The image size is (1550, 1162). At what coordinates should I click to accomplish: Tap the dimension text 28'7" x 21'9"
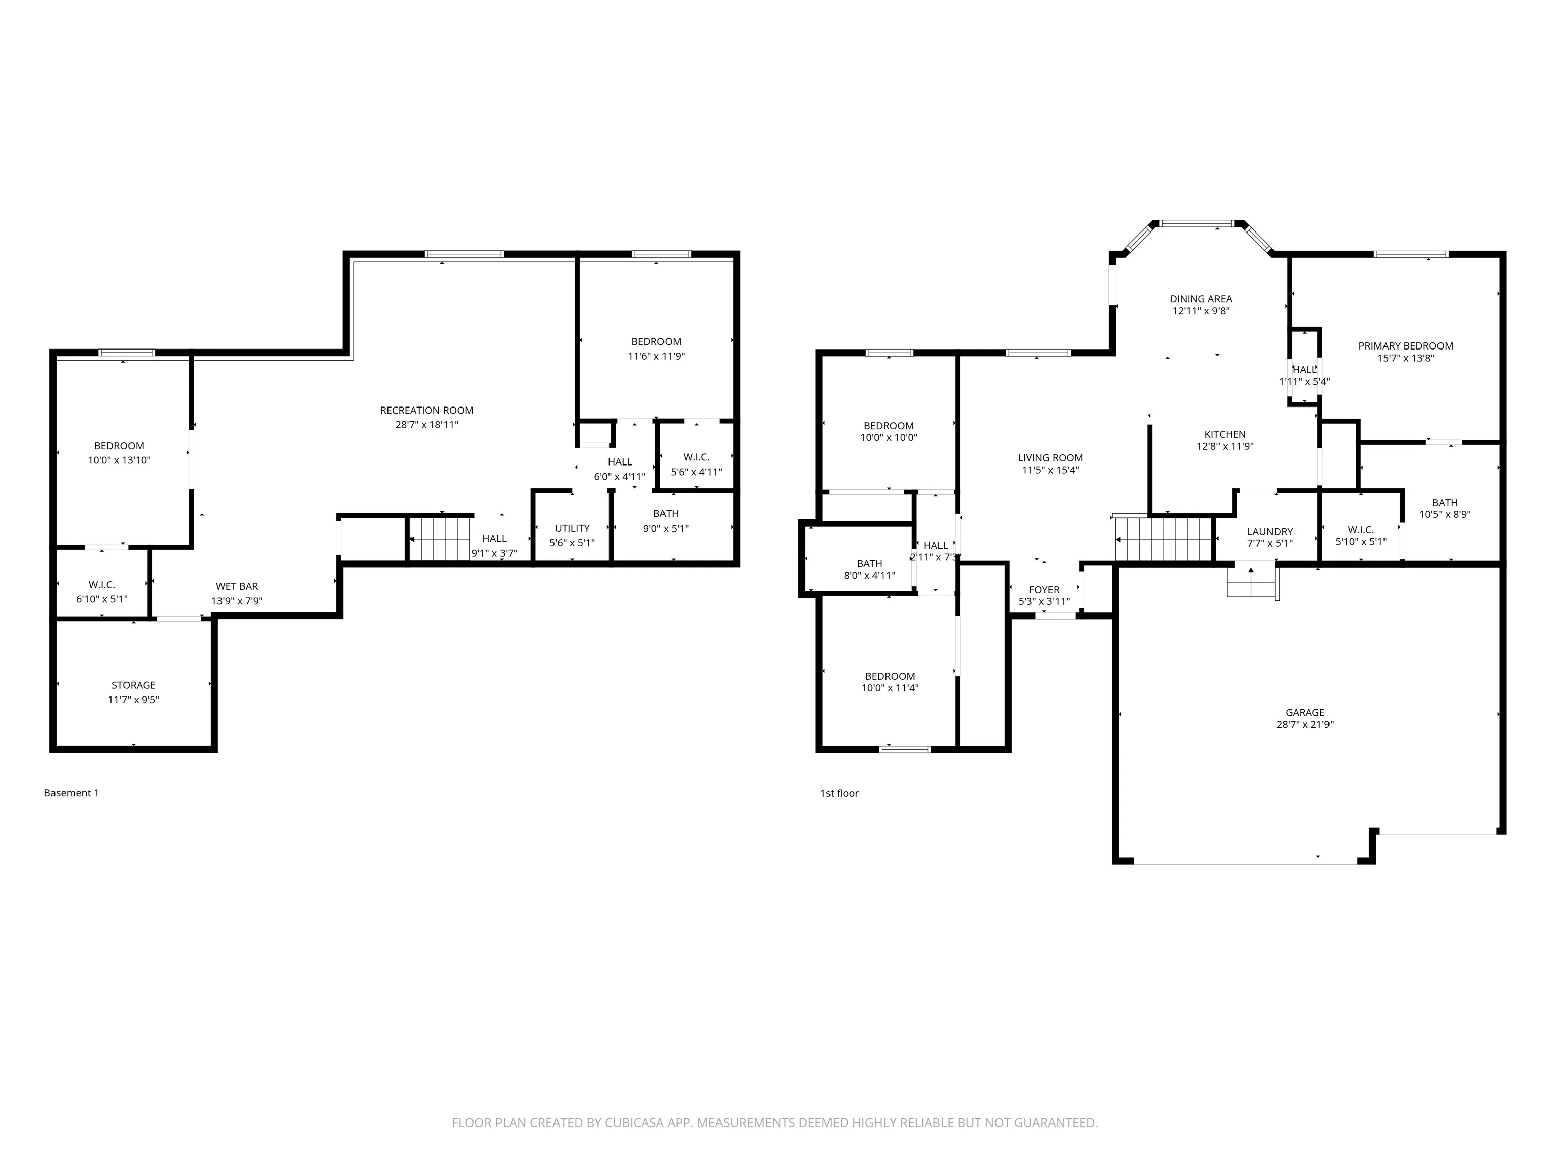coord(1304,725)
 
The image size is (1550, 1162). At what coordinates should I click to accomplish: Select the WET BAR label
coord(237,586)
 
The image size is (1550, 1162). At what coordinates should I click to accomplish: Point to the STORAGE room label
coord(133,685)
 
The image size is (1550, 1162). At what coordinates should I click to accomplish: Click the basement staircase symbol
coord(439,539)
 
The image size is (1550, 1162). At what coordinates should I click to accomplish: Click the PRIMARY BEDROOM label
coord(1405,346)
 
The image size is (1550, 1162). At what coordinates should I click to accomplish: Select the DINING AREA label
coord(1200,299)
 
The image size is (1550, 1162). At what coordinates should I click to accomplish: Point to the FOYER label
coord(1043,590)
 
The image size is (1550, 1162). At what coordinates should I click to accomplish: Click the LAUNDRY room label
coord(1269,532)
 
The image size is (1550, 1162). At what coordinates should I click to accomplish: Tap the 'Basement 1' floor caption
coord(72,793)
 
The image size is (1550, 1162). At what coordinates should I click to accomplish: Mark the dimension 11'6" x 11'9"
coord(656,356)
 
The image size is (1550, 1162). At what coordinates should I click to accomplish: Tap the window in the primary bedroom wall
coord(1410,254)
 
